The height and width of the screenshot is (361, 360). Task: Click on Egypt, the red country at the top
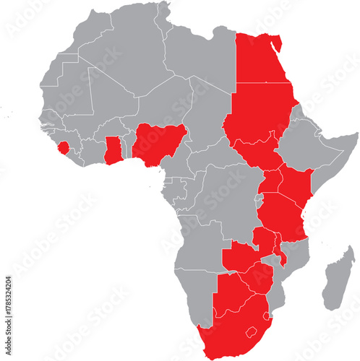point(264,61)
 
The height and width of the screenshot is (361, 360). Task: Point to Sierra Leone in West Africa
point(65,148)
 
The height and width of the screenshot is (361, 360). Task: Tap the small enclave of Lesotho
point(252,334)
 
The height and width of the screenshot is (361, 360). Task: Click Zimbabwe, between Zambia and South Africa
point(258,278)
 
